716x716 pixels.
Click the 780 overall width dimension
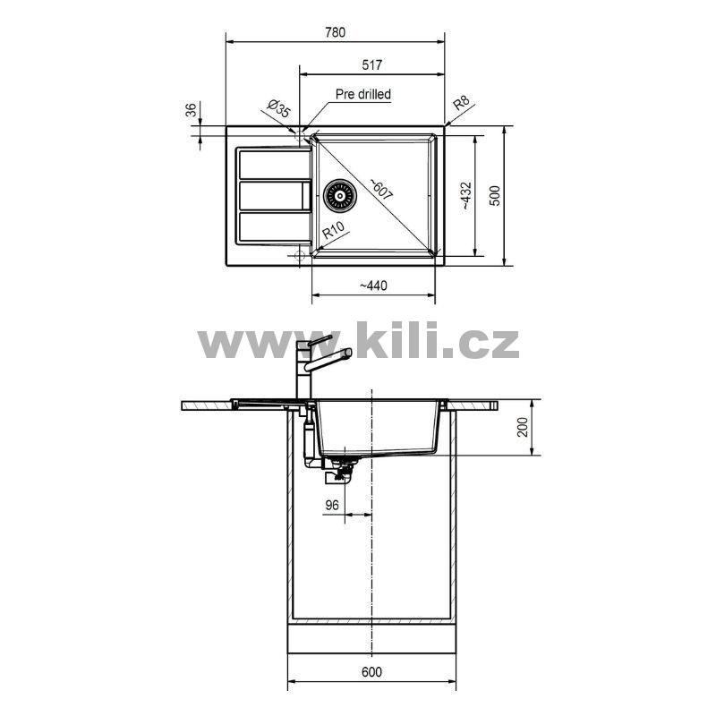[335, 32]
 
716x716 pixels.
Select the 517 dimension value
[371, 64]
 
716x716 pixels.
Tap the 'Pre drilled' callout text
[363, 94]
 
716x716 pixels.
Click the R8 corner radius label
[461, 104]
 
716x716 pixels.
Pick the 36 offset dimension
[191, 109]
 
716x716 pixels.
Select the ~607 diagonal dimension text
[381, 189]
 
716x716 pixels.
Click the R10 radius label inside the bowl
[334, 230]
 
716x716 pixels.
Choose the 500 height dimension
[495, 195]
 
